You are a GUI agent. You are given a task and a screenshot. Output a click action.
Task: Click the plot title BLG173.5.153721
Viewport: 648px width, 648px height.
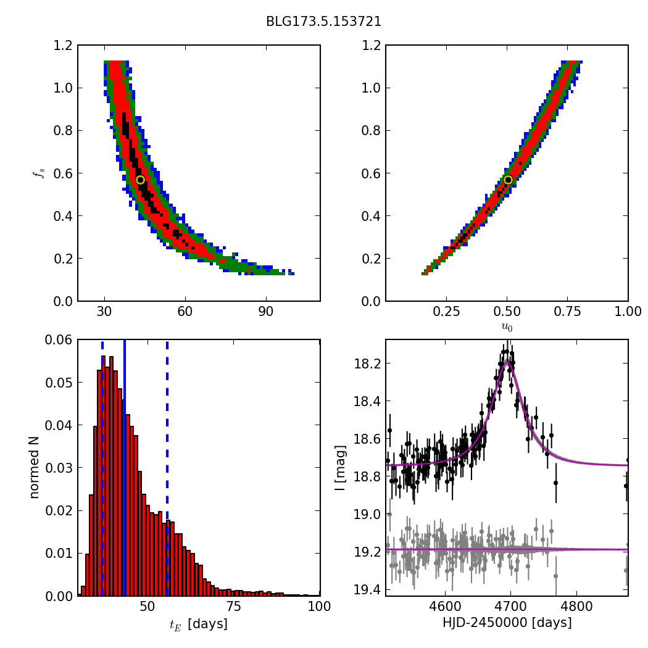click(x=323, y=22)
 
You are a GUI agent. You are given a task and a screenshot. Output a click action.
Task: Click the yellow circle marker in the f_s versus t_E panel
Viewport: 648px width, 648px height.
click(x=140, y=180)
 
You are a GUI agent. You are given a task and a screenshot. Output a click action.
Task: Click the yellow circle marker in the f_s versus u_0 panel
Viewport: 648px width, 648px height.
click(x=508, y=180)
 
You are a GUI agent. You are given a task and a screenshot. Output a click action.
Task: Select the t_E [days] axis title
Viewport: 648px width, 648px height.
click(x=199, y=624)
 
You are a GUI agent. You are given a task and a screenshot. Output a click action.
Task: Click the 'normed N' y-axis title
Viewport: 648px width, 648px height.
click(x=35, y=467)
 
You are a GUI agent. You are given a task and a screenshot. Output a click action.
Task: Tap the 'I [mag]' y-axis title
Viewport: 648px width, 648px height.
click(x=340, y=467)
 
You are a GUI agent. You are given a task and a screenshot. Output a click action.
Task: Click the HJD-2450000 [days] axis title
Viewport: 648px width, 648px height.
click(x=507, y=623)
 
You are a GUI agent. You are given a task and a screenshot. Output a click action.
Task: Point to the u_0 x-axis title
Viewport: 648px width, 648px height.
click(x=507, y=327)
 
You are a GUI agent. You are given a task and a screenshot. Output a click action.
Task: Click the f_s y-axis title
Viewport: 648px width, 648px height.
click(x=39, y=173)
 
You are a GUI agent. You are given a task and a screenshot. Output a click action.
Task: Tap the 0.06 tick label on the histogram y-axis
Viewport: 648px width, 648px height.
click(x=59, y=340)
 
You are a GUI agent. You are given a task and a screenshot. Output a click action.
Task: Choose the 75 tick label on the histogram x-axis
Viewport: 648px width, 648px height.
click(x=234, y=607)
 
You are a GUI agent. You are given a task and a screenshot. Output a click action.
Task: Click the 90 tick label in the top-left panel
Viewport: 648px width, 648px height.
click(x=266, y=312)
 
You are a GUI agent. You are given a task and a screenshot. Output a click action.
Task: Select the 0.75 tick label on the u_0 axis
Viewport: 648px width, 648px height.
click(x=568, y=312)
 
